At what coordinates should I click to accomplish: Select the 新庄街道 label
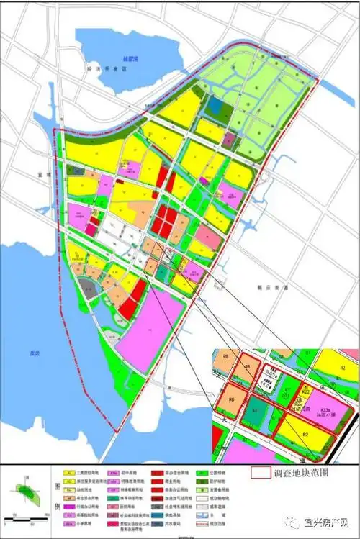pyautogui.click(x=273, y=287)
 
